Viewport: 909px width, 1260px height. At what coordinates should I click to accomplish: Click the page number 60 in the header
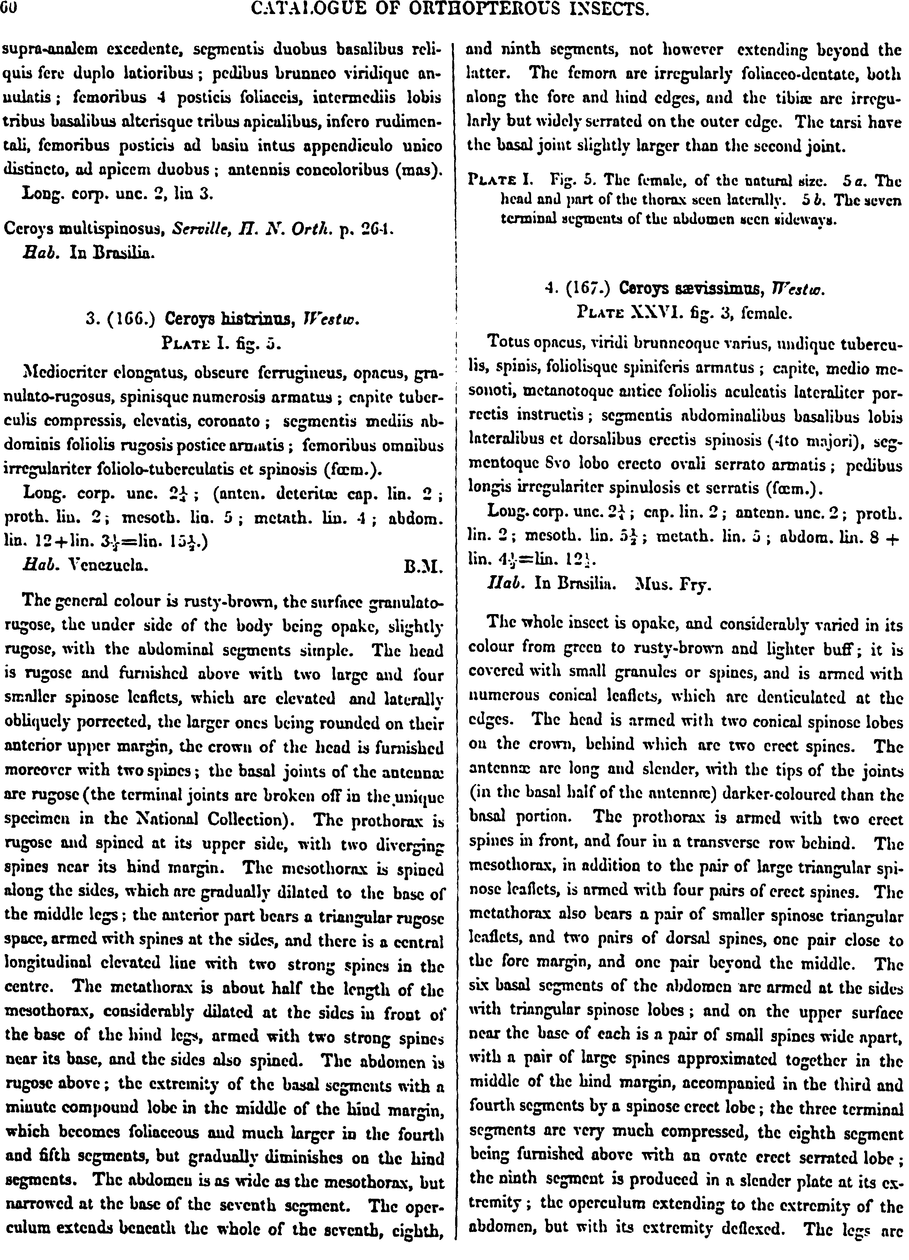point(9,8)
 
